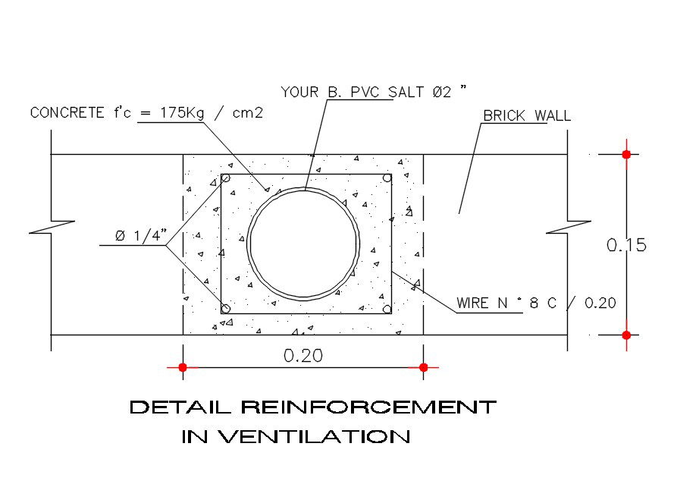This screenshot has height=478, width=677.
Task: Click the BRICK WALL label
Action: pyautogui.click(x=527, y=116)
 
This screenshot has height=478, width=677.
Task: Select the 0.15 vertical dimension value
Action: pyautogui.click(x=626, y=245)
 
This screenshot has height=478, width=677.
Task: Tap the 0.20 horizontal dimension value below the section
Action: pyautogui.click(x=303, y=356)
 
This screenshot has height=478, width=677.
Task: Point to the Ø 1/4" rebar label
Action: pyautogui.click(x=141, y=235)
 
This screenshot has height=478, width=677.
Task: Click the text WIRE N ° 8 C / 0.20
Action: pyautogui.click(x=536, y=303)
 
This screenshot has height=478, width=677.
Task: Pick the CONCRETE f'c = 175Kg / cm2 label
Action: pyautogui.click(x=146, y=113)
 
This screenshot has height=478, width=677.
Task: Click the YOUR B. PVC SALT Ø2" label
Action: pyautogui.click(x=374, y=92)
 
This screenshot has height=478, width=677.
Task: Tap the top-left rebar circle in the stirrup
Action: pyautogui.click(x=225, y=178)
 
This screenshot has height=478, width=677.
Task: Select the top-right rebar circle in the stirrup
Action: pyautogui.click(x=387, y=178)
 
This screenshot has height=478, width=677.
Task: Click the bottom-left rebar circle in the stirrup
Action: pyautogui.click(x=225, y=309)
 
